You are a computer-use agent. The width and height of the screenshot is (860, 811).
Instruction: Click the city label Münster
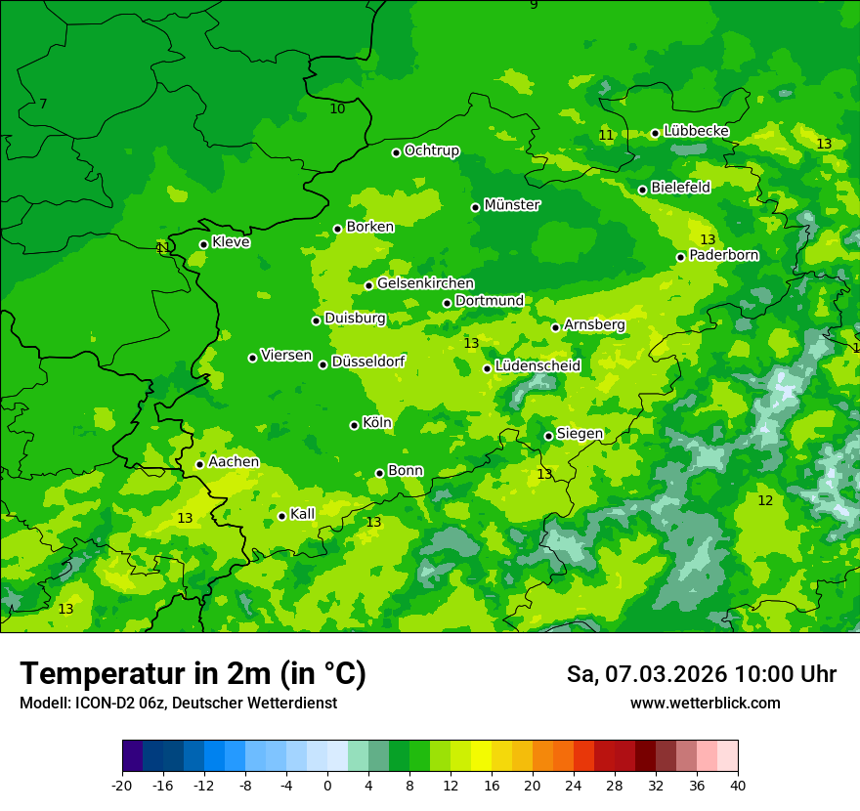(x=512, y=205)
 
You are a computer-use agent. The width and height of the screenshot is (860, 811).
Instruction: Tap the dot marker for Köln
(x=354, y=425)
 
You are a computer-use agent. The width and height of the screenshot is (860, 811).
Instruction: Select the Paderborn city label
(x=724, y=255)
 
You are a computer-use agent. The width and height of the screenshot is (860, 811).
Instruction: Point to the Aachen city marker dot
(x=199, y=464)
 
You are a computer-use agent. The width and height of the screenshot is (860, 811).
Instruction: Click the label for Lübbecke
(x=696, y=131)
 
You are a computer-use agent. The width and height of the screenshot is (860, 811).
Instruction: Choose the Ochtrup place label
(x=432, y=150)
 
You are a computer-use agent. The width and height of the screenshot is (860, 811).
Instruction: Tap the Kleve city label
(x=231, y=242)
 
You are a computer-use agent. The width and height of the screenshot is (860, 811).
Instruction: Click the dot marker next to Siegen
(x=548, y=436)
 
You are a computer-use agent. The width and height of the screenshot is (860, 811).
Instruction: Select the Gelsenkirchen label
(x=425, y=283)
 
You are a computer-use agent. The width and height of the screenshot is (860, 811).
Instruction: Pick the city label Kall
(x=302, y=514)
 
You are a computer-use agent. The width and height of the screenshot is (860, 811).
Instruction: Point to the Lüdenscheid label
(x=537, y=366)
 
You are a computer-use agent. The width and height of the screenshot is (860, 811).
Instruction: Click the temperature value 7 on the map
(x=43, y=104)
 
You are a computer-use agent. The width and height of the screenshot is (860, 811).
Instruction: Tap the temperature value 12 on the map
(x=765, y=500)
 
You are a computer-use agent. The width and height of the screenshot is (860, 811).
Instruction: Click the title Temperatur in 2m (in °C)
(x=193, y=673)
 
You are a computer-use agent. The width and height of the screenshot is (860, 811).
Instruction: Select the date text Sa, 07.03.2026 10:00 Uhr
(x=701, y=674)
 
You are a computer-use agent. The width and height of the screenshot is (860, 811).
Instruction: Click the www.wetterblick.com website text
(x=705, y=704)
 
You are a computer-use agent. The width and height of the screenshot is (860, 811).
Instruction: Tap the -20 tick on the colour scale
(x=122, y=785)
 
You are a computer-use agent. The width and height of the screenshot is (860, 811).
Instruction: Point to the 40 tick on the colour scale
(x=738, y=785)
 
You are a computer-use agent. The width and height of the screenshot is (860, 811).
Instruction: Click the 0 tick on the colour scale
(x=327, y=785)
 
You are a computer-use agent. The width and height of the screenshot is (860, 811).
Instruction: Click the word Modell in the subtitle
(x=41, y=704)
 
